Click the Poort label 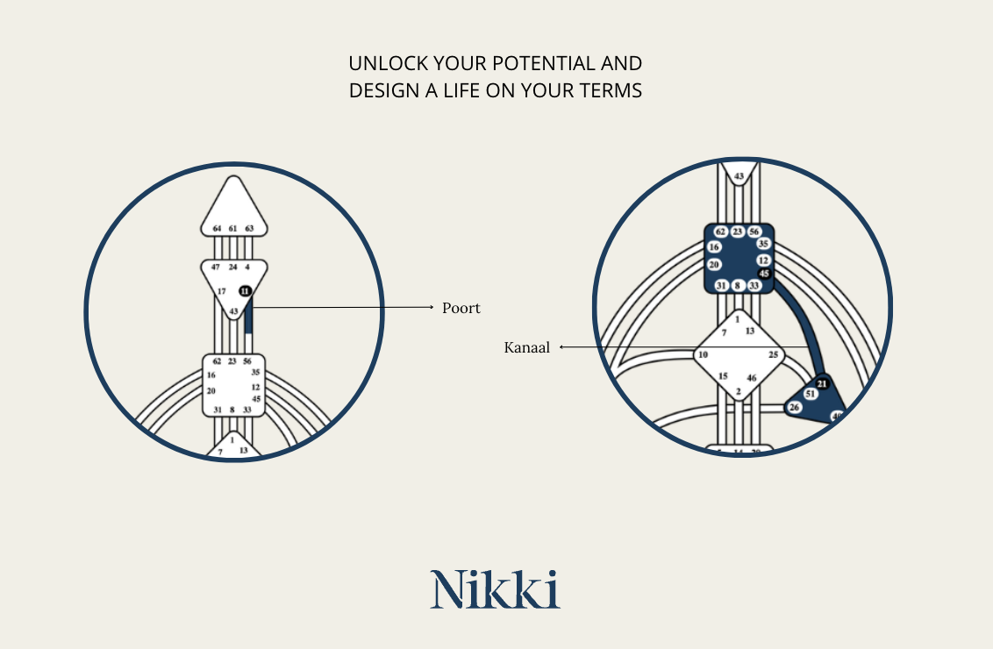tap(461, 309)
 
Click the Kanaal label tap(526, 348)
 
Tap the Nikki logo tap(495, 588)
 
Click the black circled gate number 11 tap(245, 291)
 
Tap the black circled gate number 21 tap(822, 383)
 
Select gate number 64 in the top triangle tap(217, 228)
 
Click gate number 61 tap(232, 228)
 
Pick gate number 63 tap(249, 228)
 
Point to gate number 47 tap(216, 267)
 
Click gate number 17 tap(221, 291)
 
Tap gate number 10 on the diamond tap(702, 355)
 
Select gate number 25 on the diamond tap(774, 355)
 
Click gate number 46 tap(752, 378)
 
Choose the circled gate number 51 tap(810, 395)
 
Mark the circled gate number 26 tap(794, 408)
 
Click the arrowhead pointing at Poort tap(432, 308)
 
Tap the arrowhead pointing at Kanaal tap(562, 347)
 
